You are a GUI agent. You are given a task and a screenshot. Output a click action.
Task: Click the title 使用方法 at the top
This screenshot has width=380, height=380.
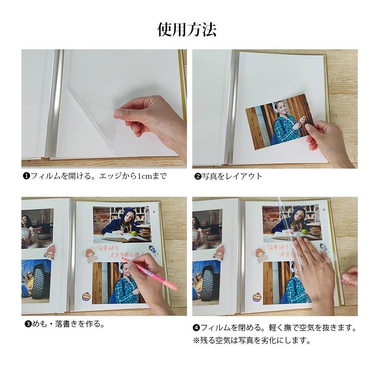click(x=187, y=30)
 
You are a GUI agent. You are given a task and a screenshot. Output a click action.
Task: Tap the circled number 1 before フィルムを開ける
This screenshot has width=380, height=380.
click(x=26, y=176)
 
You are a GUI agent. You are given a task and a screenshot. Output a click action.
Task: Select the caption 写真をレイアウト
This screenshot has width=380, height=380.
click(x=231, y=176)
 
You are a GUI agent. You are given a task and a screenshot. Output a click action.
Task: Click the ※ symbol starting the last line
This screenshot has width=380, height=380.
click(x=196, y=340)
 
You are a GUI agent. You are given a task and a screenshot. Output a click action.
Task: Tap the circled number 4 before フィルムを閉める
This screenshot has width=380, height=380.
click(x=196, y=327)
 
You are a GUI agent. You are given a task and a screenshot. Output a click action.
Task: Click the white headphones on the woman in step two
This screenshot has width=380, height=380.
click(x=276, y=108)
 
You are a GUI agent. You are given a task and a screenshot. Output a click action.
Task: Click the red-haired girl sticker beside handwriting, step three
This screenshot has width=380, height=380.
click(x=90, y=255)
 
